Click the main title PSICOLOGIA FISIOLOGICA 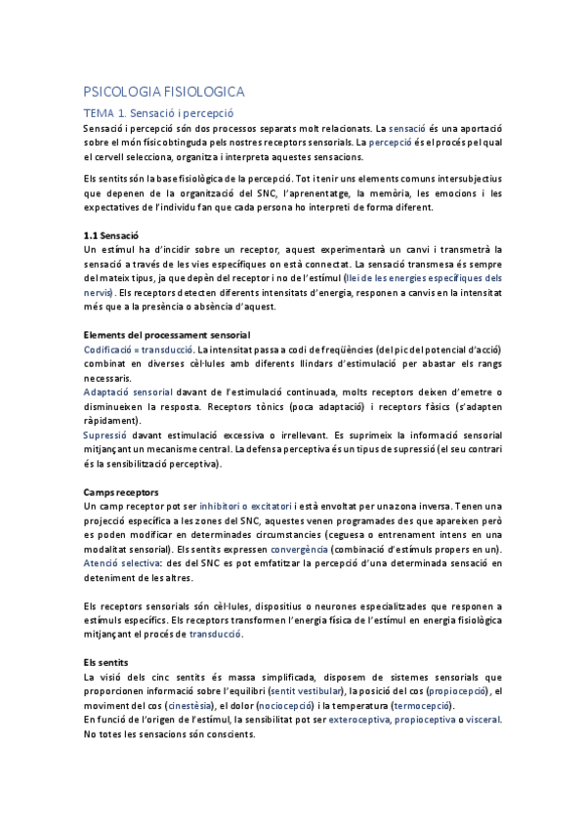click(163, 92)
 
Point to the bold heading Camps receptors click(122, 492)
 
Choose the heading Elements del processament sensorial click(168, 335)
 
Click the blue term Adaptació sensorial click(128, 392)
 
